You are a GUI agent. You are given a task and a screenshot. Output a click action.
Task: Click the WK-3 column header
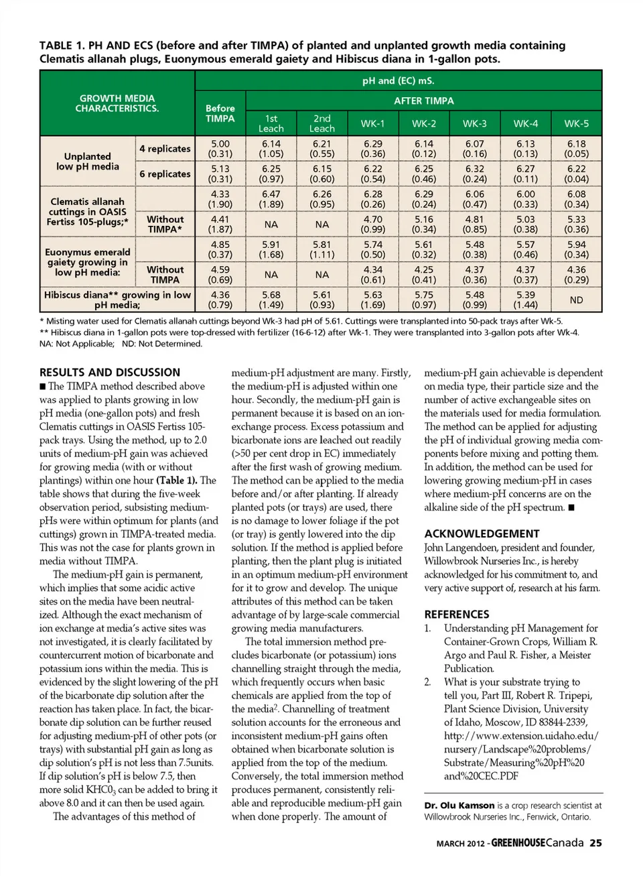tap(474, 123)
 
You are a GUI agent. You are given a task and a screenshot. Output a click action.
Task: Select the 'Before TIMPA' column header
tap(220, 113)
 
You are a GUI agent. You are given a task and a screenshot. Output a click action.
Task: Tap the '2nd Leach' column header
tap(321, 123)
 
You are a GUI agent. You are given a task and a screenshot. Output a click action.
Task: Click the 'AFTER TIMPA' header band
tap(423, 101)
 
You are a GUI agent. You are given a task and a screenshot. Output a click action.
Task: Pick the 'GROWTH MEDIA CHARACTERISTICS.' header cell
tap(117, 103)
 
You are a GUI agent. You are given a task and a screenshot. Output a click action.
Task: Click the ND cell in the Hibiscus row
tap(576, 300)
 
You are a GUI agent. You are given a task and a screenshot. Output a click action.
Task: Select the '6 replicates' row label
tap(165, 174)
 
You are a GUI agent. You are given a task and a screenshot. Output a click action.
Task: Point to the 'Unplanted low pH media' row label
tap(88, 162)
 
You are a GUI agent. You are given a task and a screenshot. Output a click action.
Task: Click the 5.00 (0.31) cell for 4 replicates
tap(220, 149)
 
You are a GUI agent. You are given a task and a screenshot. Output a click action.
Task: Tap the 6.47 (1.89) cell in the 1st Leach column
tap(271, 199)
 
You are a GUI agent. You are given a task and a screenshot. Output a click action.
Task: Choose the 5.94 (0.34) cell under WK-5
tap(576, 249)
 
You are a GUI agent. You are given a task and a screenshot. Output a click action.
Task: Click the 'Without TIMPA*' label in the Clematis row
tap(165, 224)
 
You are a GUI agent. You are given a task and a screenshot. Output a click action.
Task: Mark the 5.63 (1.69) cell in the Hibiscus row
tap(372, 300)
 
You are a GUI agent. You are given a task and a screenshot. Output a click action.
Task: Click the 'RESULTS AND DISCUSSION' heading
tap(110, 373)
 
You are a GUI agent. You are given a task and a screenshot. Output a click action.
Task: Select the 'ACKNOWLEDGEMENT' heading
tap(482, 534)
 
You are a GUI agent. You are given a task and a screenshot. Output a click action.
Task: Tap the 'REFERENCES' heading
tap(457, 614)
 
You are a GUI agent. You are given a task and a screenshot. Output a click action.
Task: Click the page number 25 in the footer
tap(595, 843)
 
